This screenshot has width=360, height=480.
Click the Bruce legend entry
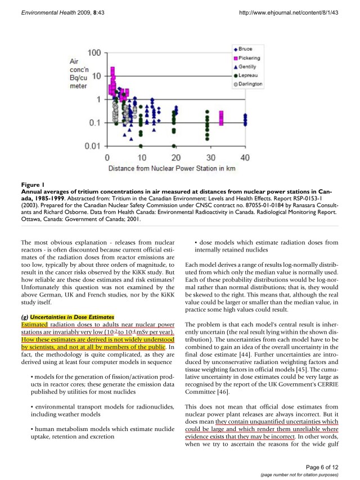pyautogui.click(x=246, y=50)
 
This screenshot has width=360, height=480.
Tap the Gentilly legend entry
pyautogui.click(x=248, y=66)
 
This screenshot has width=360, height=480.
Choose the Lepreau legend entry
pyautogui.click(x=248, y=75)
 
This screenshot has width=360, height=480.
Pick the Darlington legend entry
pyautogui.click(x=250, y=83)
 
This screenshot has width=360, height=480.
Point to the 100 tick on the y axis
pyautogui.click(x=94, y=52)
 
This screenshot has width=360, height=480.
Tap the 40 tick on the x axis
pyautogui.click(x=245, y=156)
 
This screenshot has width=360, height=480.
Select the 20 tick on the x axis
pyautogui.click(x=176, y=156)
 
